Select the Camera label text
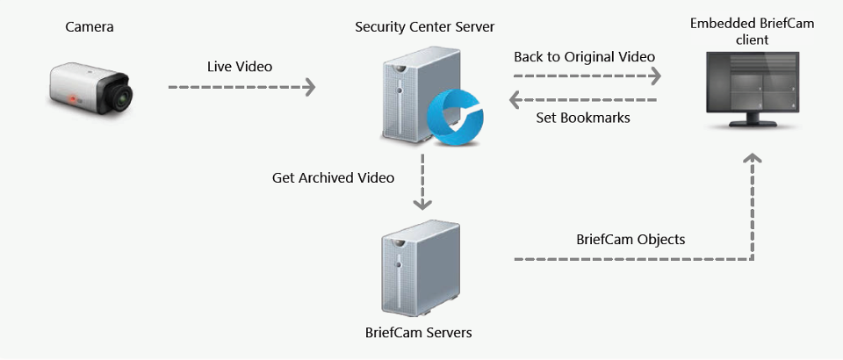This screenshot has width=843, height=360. [90, 27]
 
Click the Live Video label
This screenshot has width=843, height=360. [240, 67]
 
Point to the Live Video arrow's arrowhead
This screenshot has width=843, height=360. [309, 87]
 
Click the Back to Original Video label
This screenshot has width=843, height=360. [584, 56]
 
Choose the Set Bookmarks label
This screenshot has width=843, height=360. [583, 117]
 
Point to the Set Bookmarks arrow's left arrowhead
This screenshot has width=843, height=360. [516, 97]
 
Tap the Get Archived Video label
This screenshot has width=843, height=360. [333, 177]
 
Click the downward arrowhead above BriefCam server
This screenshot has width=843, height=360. [422, 204]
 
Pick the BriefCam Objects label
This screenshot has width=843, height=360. [630, 239]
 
